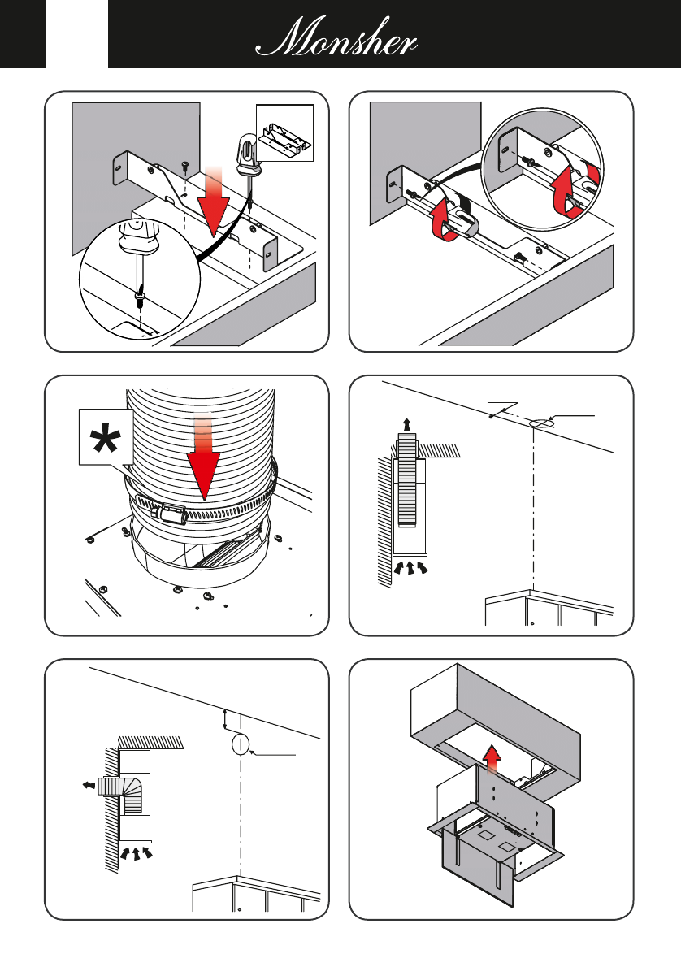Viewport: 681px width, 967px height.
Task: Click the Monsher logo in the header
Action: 336,38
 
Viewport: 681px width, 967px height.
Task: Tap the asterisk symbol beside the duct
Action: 105,439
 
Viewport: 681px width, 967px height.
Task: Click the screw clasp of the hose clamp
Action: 168,513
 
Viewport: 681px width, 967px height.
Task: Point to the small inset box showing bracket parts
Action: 284,132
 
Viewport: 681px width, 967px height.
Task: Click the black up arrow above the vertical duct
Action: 406,424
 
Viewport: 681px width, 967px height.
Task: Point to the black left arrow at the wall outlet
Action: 89,785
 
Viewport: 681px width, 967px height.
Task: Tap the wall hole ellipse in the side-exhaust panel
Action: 240,744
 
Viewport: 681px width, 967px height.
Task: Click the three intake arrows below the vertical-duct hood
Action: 410,567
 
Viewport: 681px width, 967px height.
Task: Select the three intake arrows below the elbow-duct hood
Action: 136,853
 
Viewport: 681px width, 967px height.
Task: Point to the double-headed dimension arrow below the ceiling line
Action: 225,720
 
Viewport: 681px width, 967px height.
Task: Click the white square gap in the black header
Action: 77,34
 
